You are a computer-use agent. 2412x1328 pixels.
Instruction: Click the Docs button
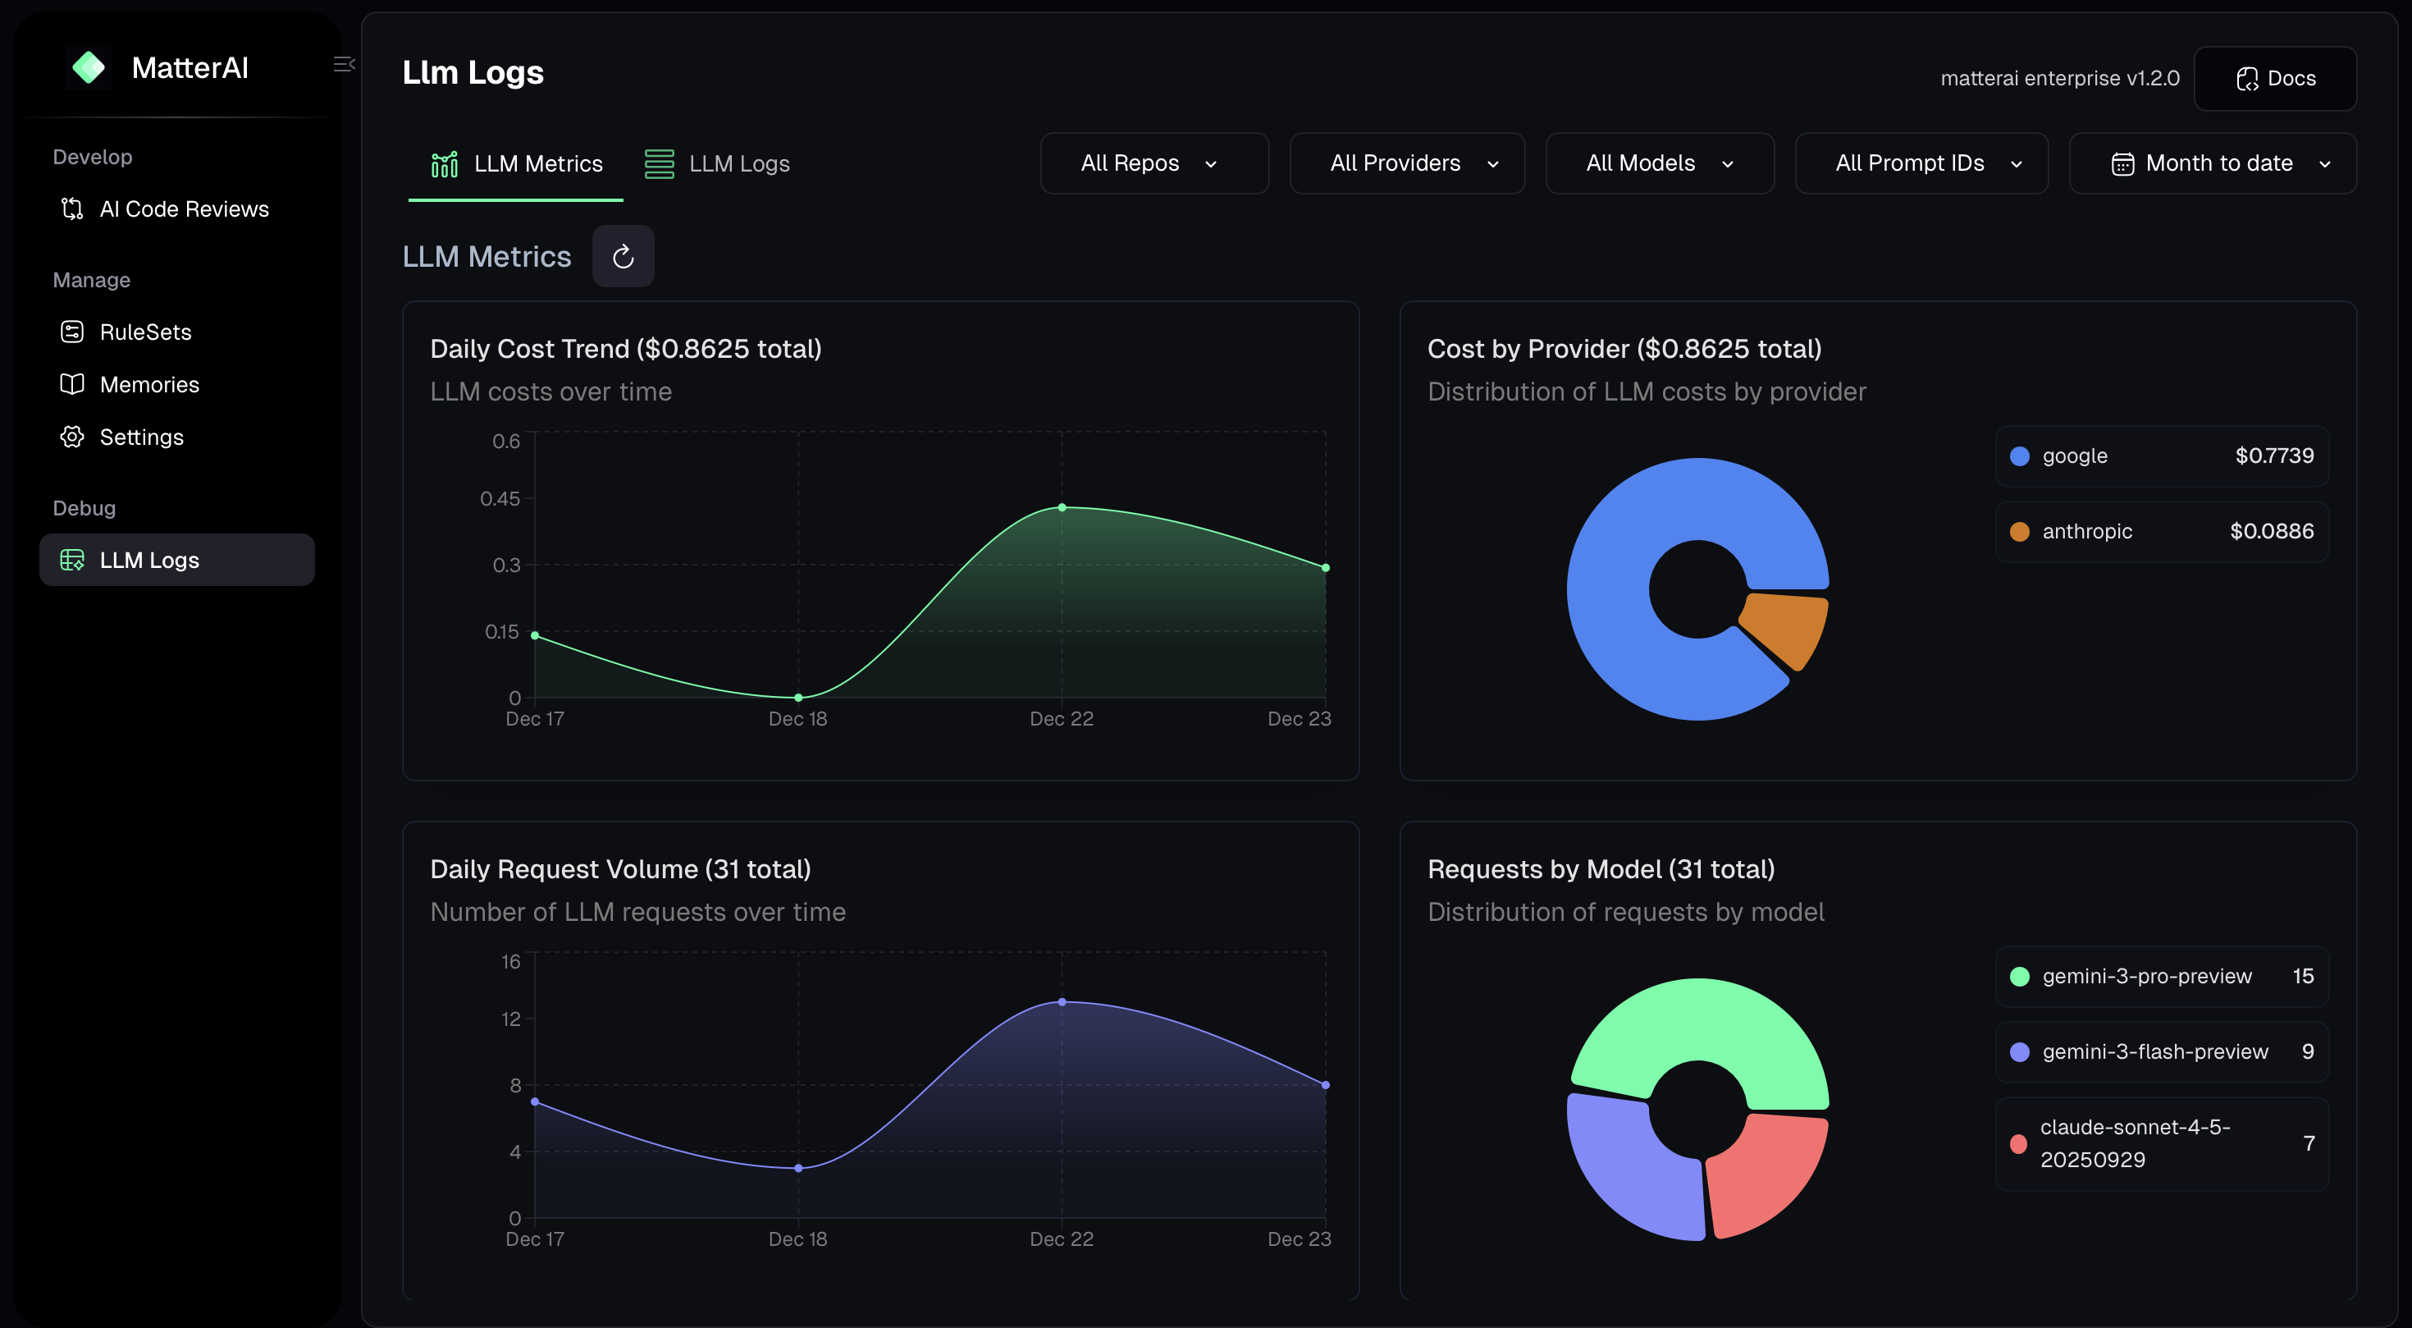pos(2274,79)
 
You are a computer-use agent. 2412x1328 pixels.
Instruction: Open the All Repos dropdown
pos(1153,164)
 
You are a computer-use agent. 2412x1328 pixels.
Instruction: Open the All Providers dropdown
pos(1406,164)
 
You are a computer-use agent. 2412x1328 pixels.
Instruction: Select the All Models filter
pos(1659,164)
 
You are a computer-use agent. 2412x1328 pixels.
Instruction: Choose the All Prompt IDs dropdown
pos(1921,164)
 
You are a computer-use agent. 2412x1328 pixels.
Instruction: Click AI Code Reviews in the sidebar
pos(184,208)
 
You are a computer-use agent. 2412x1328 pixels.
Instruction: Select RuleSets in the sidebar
pos(145,332)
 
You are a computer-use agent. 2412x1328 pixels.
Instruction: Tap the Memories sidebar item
pos(148,385)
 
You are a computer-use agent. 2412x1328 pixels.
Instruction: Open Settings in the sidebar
pos(141,437)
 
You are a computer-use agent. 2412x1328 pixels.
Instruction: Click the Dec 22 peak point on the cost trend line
pos(1062,507)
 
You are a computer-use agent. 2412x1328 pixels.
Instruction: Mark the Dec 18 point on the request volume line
pos(797,1168)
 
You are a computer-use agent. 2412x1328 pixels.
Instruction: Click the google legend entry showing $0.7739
pos(2161,456)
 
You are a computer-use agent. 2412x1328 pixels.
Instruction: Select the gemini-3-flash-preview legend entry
pos(2161,1051)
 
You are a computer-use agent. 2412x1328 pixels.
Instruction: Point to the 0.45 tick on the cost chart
pos(500,499)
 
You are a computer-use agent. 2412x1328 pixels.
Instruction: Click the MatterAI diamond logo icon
pos(89,67)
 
